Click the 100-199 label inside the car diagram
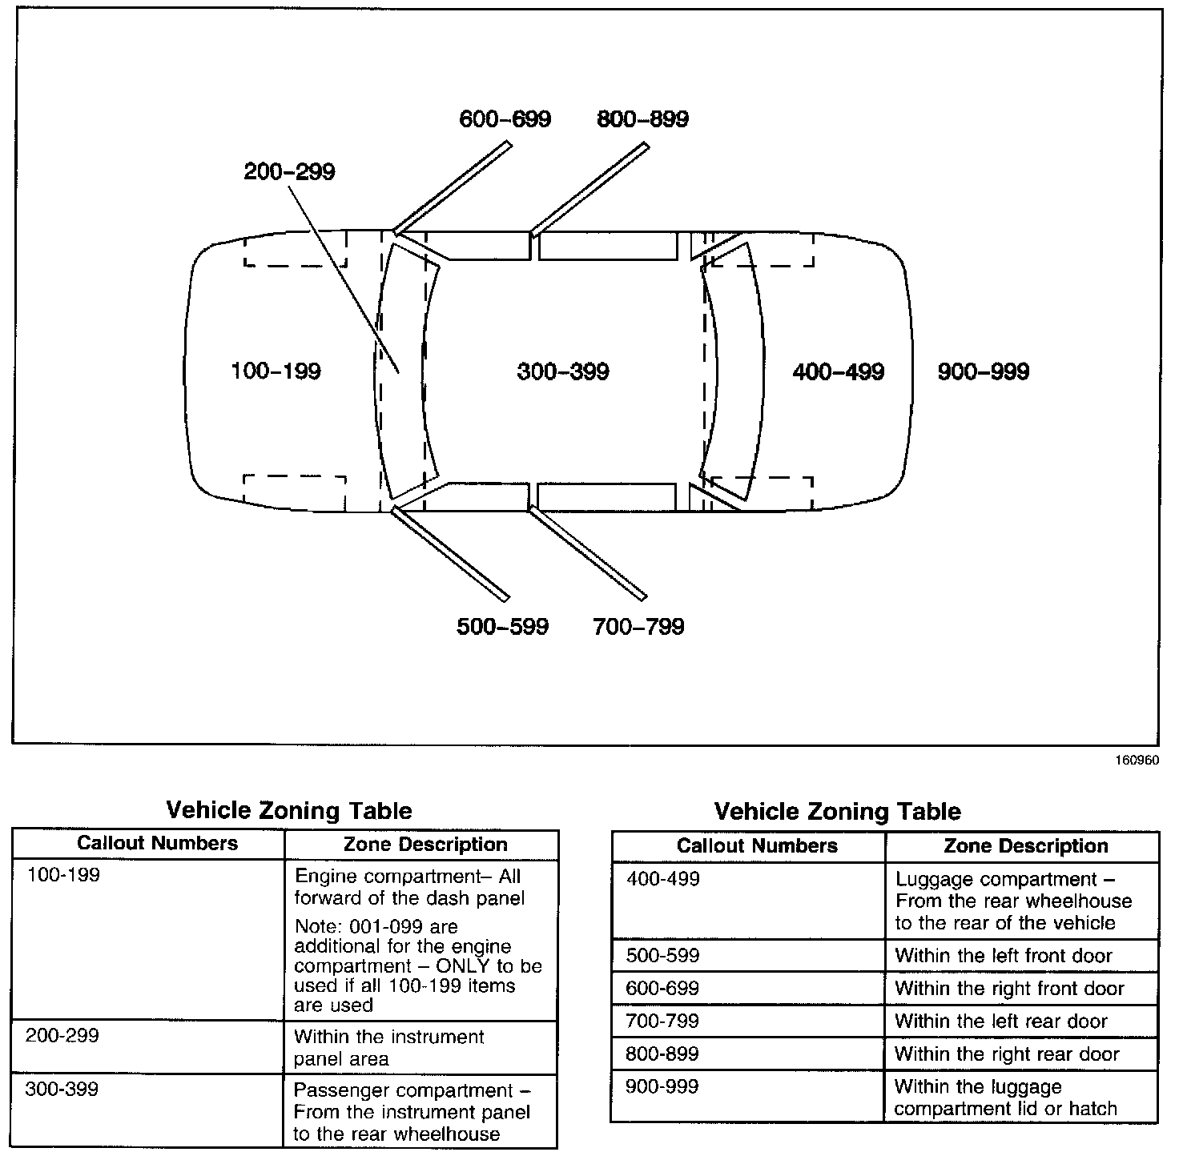coord(276,371)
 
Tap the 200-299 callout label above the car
coord(289,172)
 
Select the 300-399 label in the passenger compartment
coord(563,371)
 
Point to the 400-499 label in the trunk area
coord(838,371)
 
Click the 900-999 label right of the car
coord(983,371)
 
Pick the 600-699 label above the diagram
coord(505,119)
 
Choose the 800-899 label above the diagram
coord(642,119)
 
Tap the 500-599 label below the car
coord(502,626)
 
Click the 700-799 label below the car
coord(638,626)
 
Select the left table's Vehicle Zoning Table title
coord(288,811)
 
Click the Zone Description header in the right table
coord(1025,846)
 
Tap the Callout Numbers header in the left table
coord(157,843)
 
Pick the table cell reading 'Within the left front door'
coord(1004,955)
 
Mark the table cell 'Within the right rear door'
coord(1007,1054)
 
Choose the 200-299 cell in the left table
coord(62,1035)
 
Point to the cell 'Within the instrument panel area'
coord(388,1047)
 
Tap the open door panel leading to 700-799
coord(587,553)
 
